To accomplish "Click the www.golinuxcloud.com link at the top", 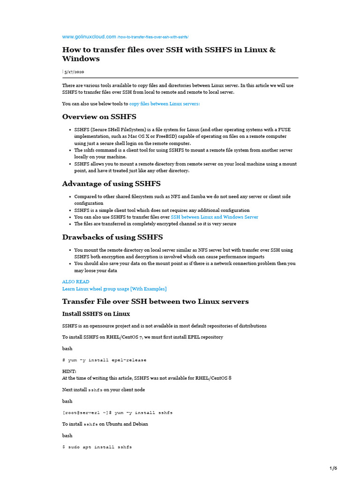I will [89, 37].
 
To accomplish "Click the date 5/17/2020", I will [75, 72].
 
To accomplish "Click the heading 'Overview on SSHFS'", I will [99, 117].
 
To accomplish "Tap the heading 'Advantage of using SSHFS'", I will [111, 183].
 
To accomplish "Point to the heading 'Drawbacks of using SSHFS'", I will [112, 237].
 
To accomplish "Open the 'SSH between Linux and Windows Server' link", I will [214, 217].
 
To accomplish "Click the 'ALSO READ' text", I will [75, 282].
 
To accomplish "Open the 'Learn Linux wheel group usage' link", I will [114, 289].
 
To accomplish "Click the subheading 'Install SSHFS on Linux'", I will [96, 314].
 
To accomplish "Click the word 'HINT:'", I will [69, 371].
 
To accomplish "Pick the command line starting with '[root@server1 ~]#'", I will [117, 412].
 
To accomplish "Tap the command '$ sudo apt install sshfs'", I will [97, 447].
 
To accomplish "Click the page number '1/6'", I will [333, 468].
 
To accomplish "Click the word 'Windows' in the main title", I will [81, 59].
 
